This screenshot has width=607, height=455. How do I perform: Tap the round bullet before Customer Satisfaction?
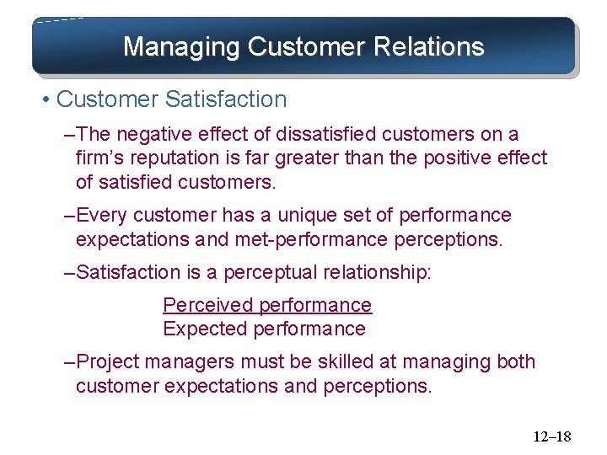click(44, 99)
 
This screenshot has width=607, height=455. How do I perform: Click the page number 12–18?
click(551, 436)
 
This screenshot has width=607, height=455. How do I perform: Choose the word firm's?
click(104, 158)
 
